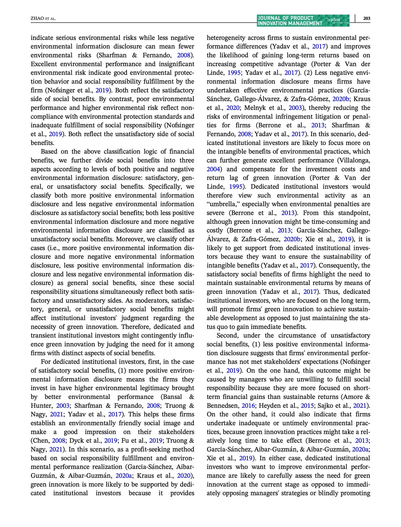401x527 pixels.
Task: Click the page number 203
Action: click(366, 19)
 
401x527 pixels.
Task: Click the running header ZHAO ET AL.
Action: click(43, 19)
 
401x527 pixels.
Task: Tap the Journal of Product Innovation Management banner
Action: click(290, 21)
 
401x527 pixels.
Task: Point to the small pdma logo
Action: click(335, 20)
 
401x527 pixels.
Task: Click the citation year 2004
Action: click(213, 169)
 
